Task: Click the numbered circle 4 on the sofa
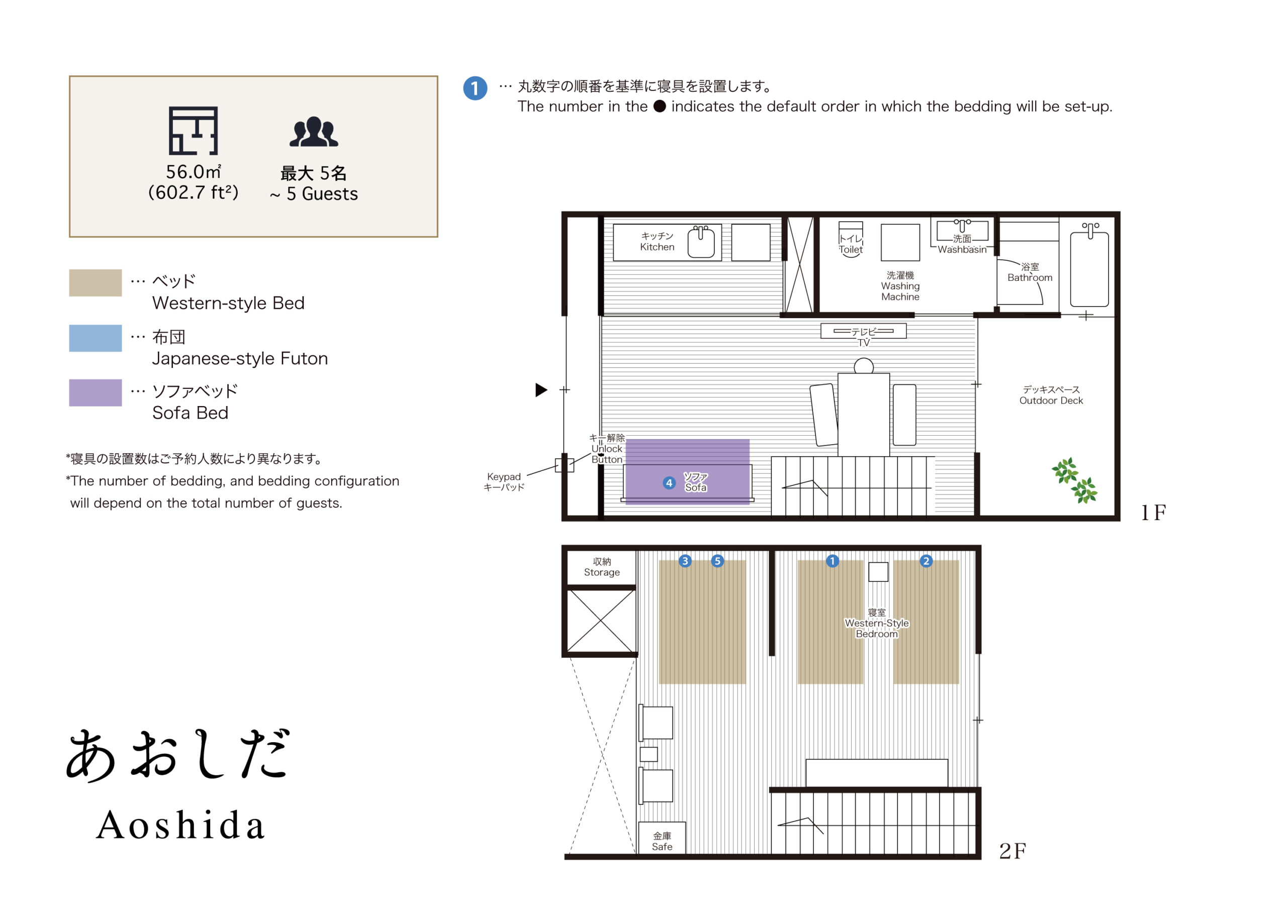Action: point(669,483)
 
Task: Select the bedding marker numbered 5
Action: point(717,561)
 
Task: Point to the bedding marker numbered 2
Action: point(926,561)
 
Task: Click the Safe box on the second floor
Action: point(662,841)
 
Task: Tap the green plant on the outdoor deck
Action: point(1074,480)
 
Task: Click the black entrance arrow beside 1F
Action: point(541,390)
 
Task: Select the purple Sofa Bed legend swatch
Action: point(96,393)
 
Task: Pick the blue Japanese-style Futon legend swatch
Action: point(96,339)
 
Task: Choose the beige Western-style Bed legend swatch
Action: point(96,283)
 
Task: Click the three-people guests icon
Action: point(313,132)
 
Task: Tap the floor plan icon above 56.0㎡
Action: point(193,131)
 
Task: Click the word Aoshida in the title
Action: point(180,826)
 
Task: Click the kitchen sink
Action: point(701,242)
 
